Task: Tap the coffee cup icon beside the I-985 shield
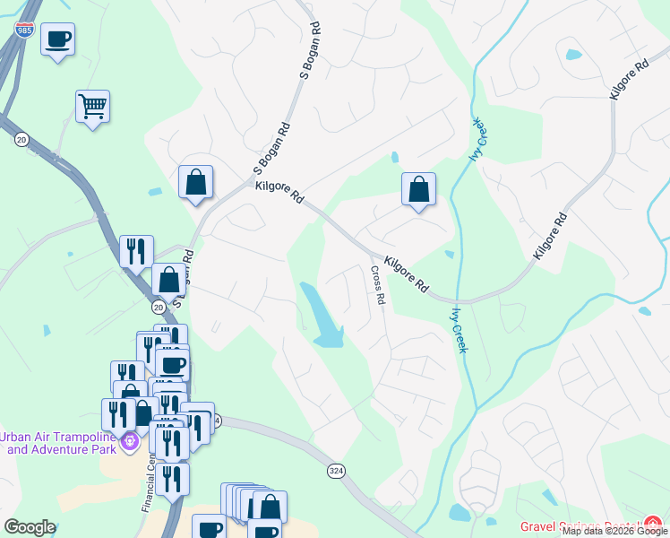pyautogui.click(x=58, y=39)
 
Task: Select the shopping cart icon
pyautogui.click(x=92, y=107)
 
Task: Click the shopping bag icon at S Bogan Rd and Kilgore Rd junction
pyautogui.click(x=195, y=183)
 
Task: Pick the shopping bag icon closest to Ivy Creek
pyautogui.click(x=418, y=189)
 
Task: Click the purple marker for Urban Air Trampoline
pyautogui.click(x=131, y=440)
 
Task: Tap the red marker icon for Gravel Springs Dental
pyautogui.click(x=654, y=524)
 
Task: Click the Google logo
pyautogui.click(x=29, y=527)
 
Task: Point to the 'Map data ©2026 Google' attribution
pyautogui.click(x=614, y=532)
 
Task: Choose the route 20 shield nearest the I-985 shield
pyautogui.click(x=21, y=138)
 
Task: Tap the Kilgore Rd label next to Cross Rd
pyautogui.click(x=405, y=274)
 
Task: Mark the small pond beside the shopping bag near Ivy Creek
pyautogui.click(x=394, y=159)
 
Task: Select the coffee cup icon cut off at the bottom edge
pyautogui.click(x=209, y=528)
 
